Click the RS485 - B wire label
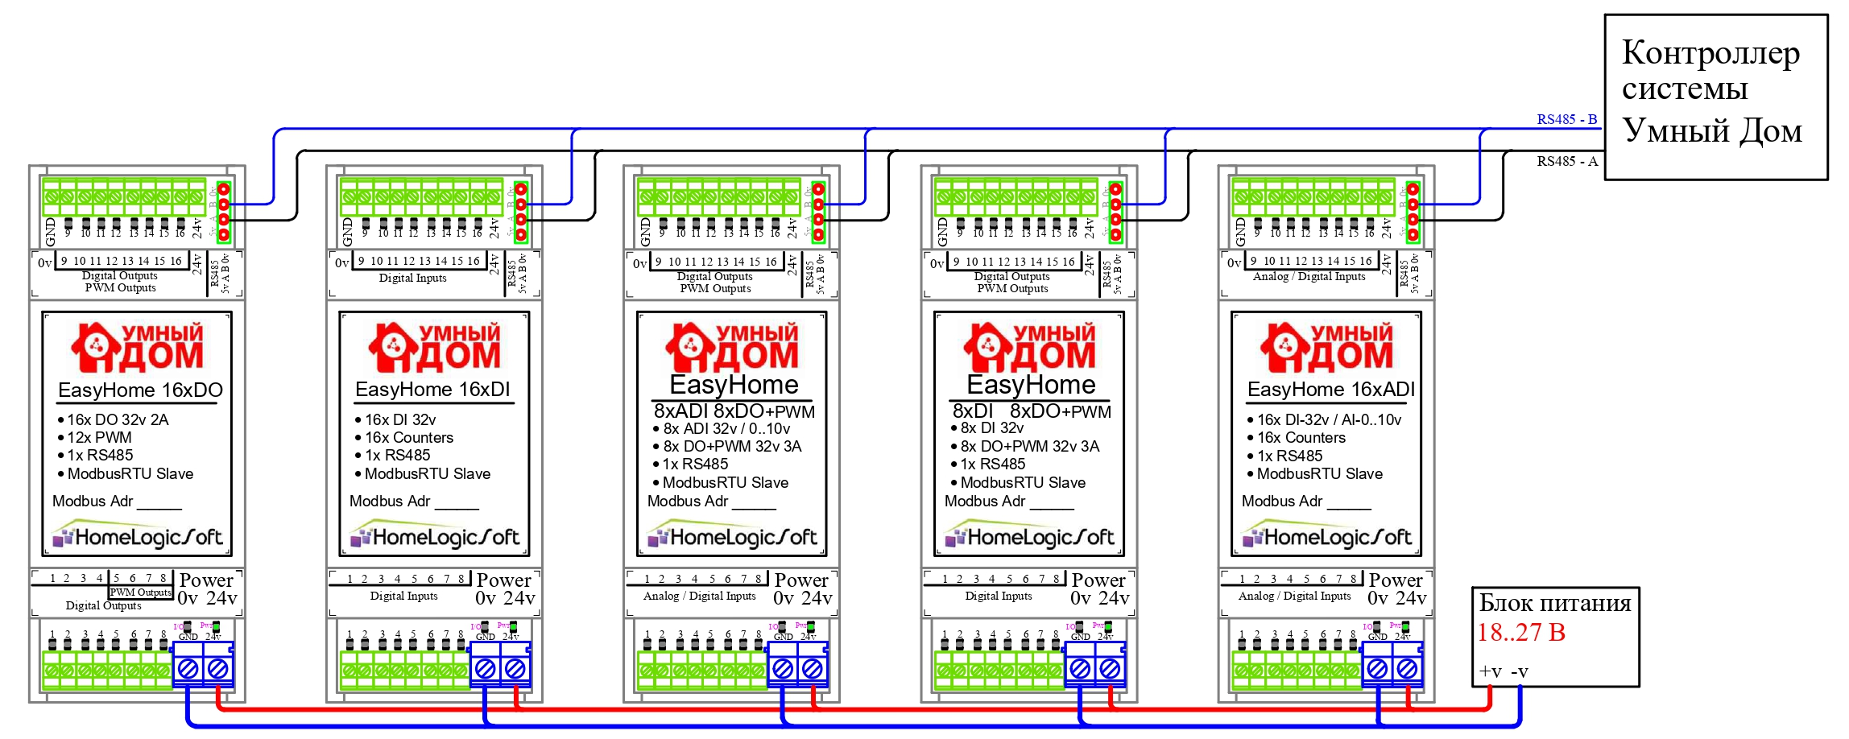coord(1566,119)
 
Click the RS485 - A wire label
coord(1566,161)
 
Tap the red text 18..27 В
coord(1521,633)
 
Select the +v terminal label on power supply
coord(1490,671)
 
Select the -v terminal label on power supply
coord(1519,671)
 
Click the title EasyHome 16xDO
coord(140,390)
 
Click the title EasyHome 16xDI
coord(432,390)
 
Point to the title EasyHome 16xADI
coord(1330,390)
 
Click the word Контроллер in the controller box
coord(1710,53)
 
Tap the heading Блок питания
coord(1554,603)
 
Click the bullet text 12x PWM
coord(99,438)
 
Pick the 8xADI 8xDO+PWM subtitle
coord(734,411)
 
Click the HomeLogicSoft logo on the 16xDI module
coord(435,536)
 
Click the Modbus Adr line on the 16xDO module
coord(117,502)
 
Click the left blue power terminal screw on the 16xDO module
coord(188,668)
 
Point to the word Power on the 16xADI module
coord(1395,580)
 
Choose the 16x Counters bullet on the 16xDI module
coord(408,438)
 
